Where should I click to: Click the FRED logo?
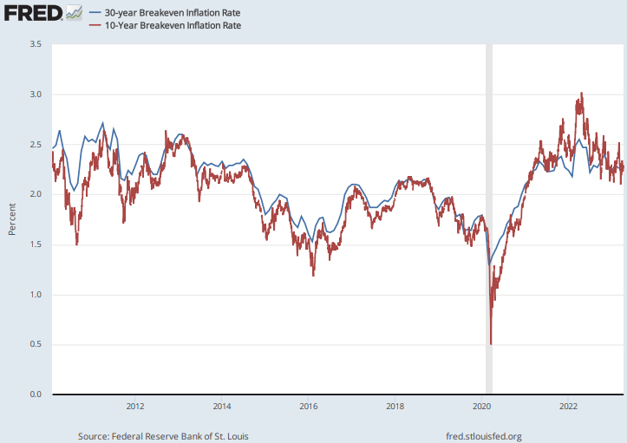click(x=36, y=13)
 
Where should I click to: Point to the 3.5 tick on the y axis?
click(x=36, y=43)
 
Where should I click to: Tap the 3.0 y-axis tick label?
click(x=36, y=94)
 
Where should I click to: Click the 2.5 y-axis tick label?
click(x=36, y=144)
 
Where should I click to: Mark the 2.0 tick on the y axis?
click(x=36, y=194)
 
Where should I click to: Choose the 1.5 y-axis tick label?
click(x=36, y=244)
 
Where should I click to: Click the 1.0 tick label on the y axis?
click(x=36, y=295)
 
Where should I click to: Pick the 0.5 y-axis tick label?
click(x=36, y=345)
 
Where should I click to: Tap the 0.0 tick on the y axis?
click(x=36, y=395)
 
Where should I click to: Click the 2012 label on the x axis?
click(x=135, y=405)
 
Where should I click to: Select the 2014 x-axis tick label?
click(x=222, y=405)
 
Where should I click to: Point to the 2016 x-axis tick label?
click(x=309, y=405)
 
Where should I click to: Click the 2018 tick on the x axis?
click(x=395, y=405)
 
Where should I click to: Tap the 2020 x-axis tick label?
click(x=482, y=405)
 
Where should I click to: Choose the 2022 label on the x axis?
click(x=569, y=405)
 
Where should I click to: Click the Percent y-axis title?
click(x=11, y=219)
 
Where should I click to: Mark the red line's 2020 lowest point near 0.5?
click(x=491, y=344)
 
